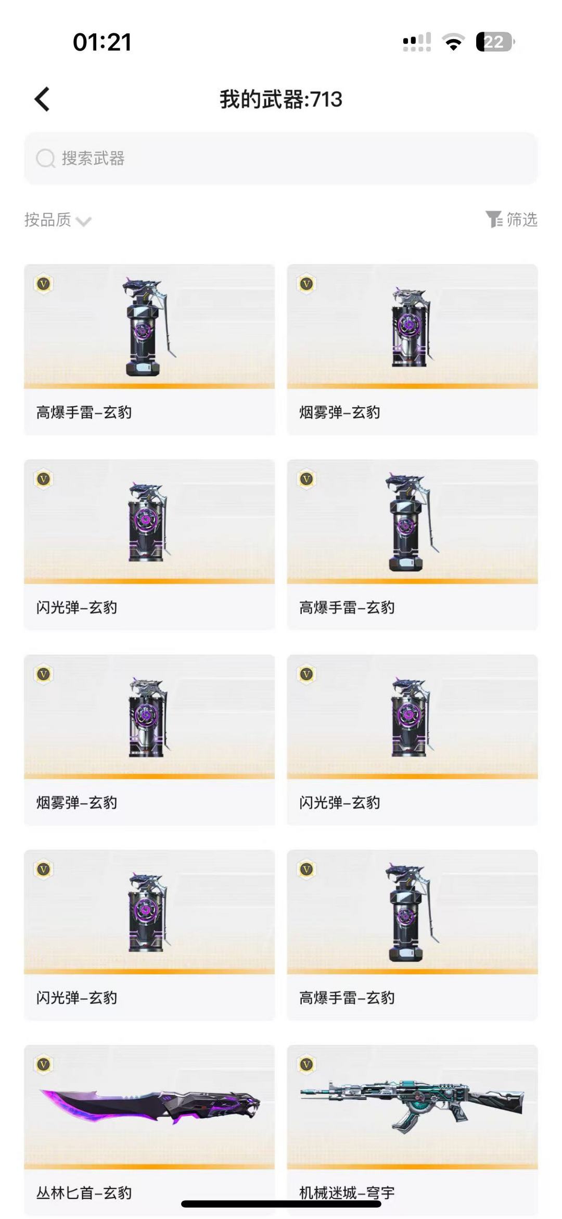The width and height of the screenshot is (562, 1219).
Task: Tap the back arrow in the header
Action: point(42,99)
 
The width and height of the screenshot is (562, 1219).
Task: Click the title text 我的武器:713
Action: point(281,99)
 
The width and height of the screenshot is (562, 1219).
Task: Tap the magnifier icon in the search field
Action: point(45,158)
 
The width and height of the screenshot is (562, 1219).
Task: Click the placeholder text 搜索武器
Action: point(93,158)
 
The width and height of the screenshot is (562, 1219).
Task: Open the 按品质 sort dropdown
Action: point(57,220)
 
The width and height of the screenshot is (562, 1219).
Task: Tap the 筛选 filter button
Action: point(512,219)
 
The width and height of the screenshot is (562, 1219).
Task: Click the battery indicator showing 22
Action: point(495,42)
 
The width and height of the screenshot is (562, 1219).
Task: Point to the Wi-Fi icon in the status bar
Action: point(453,42)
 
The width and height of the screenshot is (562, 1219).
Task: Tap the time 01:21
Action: point(102,42)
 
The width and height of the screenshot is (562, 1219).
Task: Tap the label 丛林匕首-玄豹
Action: point(84,1192)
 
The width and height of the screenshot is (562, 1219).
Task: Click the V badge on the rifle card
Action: point(306,1064)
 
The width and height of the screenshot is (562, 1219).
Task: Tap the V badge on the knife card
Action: point(43,1064)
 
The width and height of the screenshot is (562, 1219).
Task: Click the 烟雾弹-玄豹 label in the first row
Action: point(339,412)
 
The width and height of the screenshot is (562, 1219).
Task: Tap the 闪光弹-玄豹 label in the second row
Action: point(76,607)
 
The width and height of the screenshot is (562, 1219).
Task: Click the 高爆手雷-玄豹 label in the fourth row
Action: point(347,998)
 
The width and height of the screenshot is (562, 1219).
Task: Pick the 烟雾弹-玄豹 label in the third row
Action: point(76,802)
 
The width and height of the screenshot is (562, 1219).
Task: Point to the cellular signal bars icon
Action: point(417,42)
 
